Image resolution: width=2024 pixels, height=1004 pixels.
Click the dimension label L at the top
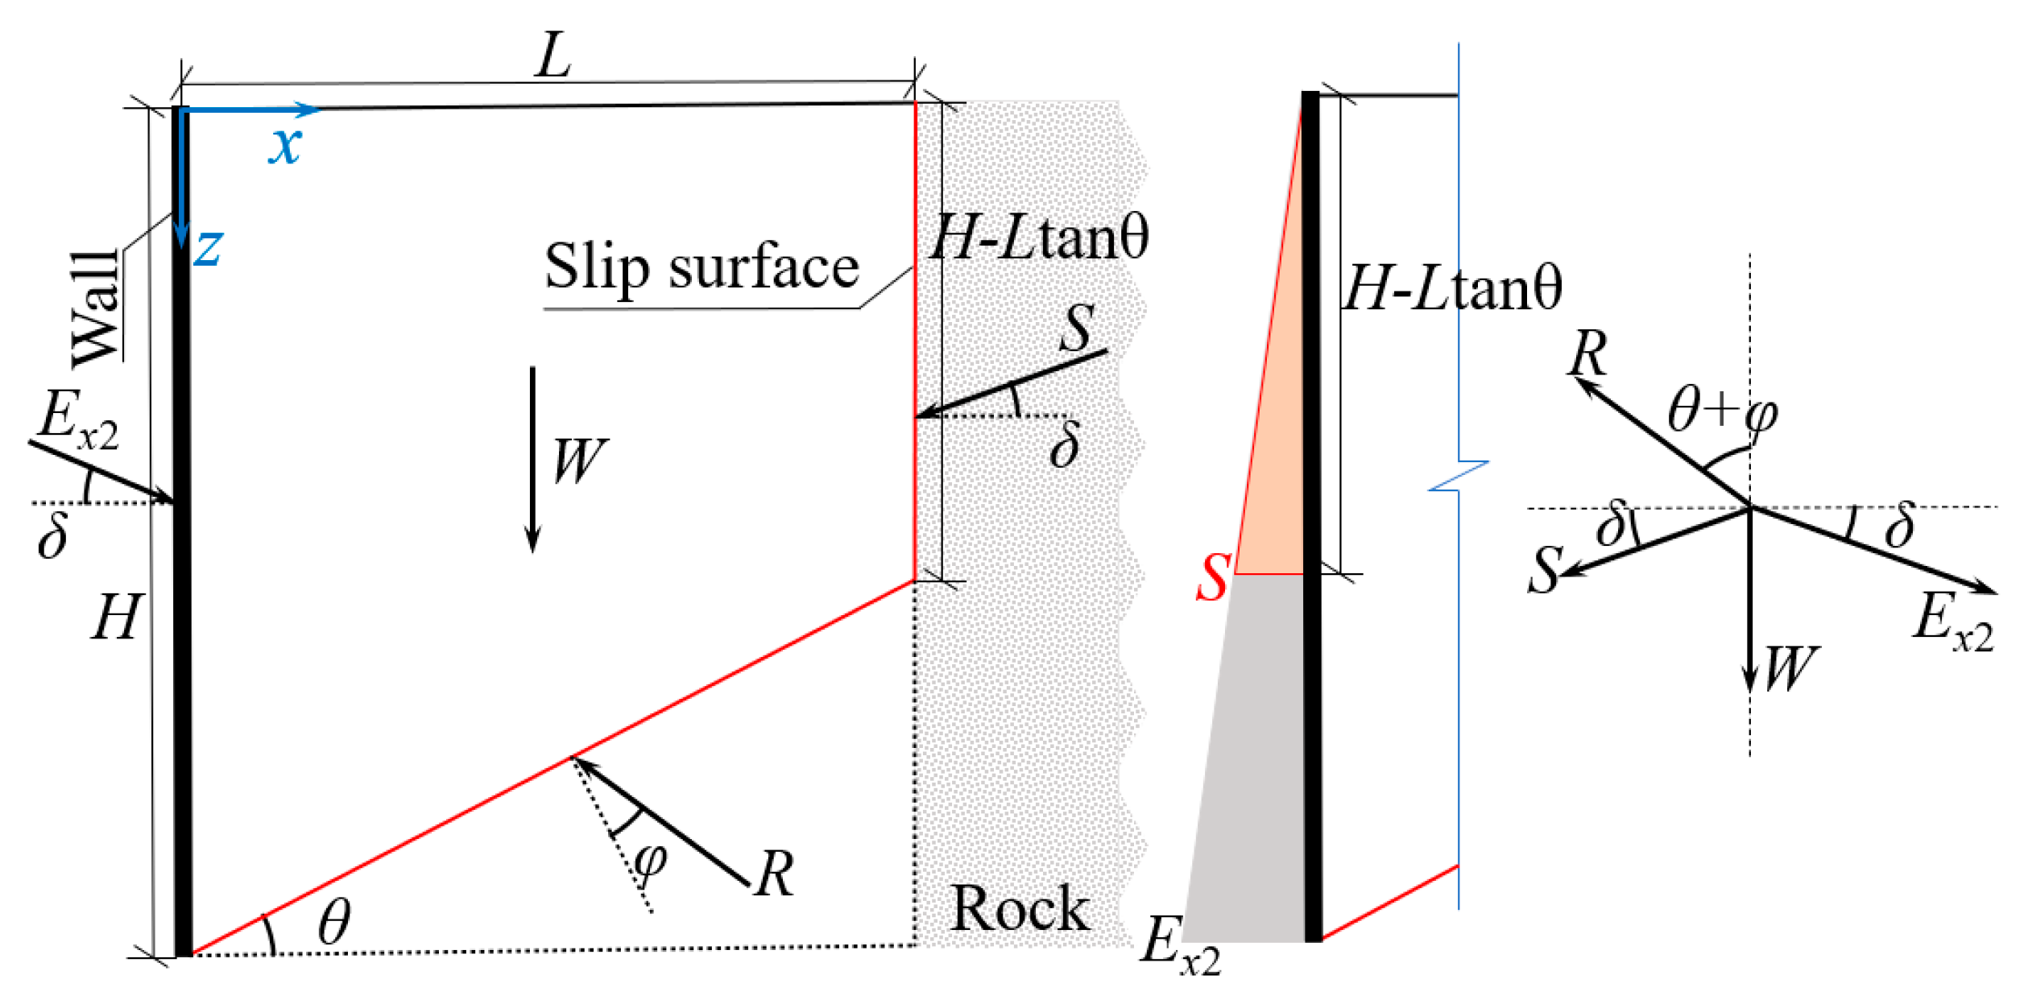click(x=553, y=56)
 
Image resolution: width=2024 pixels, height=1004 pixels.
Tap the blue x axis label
click(x=285, y=146)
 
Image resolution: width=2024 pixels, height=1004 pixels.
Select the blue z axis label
click(x=208, y=247)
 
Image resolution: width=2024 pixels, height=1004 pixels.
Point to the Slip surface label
click(x=702, y=266)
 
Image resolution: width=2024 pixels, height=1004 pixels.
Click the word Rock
click(x=1019, y=909)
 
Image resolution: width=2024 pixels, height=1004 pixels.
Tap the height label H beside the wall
click(x=117, y=618)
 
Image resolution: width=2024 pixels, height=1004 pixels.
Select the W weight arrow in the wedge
click(x=532, y=459)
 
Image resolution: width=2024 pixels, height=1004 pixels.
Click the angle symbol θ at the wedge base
click(x=333, y=923)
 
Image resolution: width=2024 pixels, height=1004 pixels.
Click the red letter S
click(x=1212, y=578)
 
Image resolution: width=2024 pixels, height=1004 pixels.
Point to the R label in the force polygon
click(x=1587, y=353)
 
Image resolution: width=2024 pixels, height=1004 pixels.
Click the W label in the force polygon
click(x=1790, y=669)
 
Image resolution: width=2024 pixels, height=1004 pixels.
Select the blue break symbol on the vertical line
click(x=1459, y=476)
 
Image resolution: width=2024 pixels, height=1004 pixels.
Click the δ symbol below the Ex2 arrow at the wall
click(x=52, y=535)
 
